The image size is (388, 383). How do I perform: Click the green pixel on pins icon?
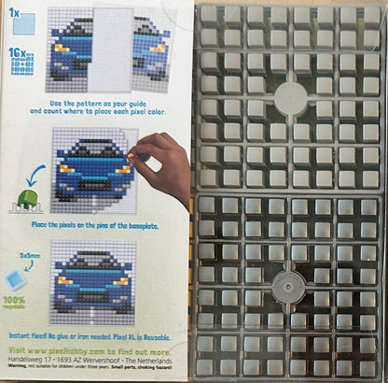(27, 199)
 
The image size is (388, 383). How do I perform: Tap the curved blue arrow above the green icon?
(37, 177)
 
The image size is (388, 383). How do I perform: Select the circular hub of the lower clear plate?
(290, 285)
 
